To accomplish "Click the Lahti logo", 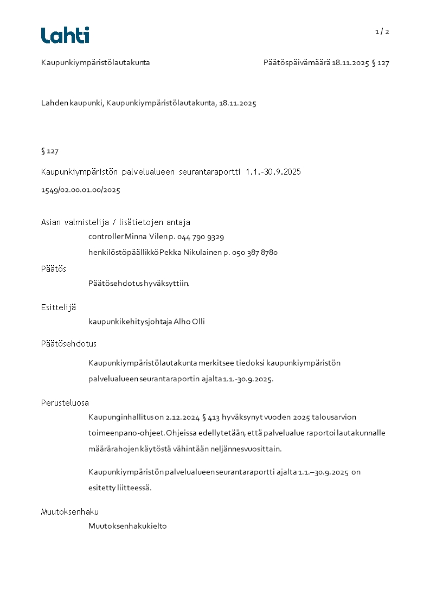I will [x=65, y=35].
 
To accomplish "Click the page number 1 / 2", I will [x=382, y=31].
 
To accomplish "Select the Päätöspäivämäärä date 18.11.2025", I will [x=350, y=63].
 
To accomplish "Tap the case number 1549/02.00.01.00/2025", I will [x=80, y=190].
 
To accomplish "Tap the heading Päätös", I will [x=54, y=269].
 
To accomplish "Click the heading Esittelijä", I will [x=59, y=307].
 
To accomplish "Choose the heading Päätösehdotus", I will [x=69, y=344].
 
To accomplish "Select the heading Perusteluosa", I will [x=65, y=403].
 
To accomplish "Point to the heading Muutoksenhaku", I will [x=70, y=511].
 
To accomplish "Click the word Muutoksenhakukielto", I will [x=127, y=526].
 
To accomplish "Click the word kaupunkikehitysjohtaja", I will [x=130, y=322].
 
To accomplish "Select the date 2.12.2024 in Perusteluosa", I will [x=181, y=418].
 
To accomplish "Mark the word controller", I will [x=106, y=237].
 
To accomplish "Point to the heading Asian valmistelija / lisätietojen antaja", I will [x=115, y=222].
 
